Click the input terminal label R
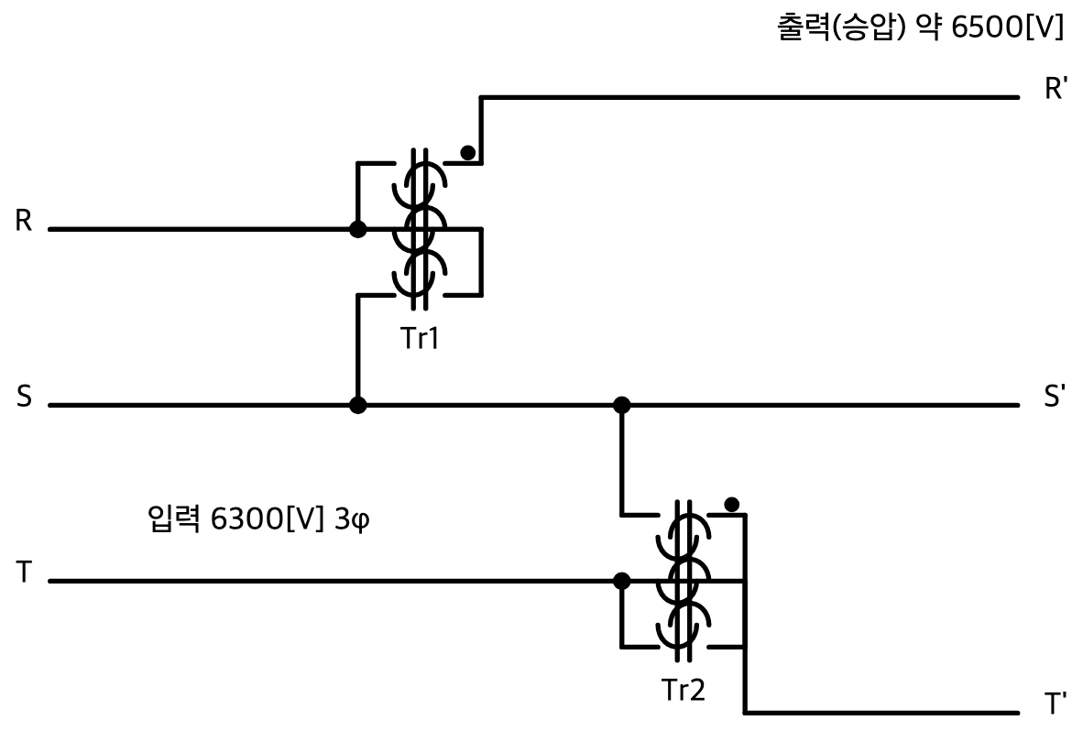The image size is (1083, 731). coord(24,220)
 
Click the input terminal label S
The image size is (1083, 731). coord(24,397)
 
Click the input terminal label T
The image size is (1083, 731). coord(24,573)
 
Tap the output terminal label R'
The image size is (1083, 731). coord(1055,89)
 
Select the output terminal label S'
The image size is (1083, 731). coord(1054,397)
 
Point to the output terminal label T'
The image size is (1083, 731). coord(1055,704)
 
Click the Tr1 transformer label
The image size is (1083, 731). coord(420,338)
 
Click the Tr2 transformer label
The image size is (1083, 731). coord(684,689)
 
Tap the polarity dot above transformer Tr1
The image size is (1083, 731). coord(467,153)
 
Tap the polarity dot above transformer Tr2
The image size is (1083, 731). coord(732,505)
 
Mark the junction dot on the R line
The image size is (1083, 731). coord(357,229)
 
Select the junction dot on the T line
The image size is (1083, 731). coord(621,581)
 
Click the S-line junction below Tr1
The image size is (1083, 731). coord(357,405)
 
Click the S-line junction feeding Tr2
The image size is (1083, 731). coord(621,405)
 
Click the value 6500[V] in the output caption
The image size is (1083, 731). coord(1008,27)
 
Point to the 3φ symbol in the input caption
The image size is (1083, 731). coord(352,519)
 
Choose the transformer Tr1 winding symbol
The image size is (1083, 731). coord(420,229)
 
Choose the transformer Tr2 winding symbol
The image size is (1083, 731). coord(683,581)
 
